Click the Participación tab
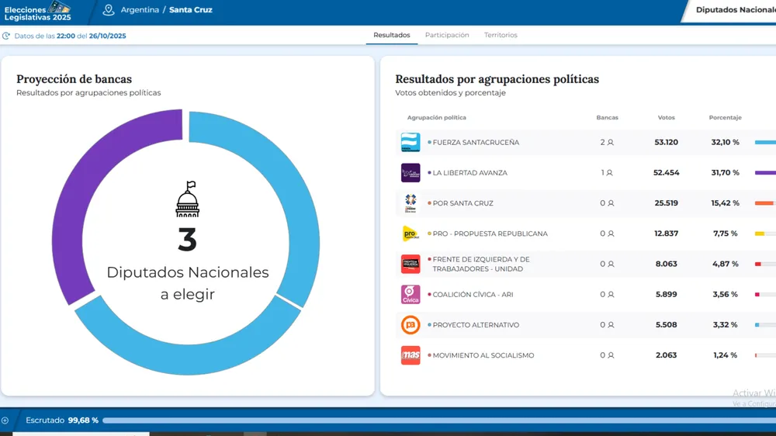[447, 35]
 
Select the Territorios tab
[501, 35]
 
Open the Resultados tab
[392, 35]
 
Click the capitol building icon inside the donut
[187, 199]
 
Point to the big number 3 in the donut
[187, 240]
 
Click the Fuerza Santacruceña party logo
[411, 143]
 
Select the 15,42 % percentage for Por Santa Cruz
[726, 203]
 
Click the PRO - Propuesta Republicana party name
[490, 234]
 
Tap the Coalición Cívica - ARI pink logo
[411, 295]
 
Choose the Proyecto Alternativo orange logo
[411, 325]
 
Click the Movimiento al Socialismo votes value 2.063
[666, 355]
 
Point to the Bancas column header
[607, 118]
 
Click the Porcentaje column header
[725, 118]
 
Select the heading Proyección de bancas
[74, 79]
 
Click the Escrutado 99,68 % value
[84, 420]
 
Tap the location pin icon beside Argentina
[109, 10]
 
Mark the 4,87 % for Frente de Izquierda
[726, 264]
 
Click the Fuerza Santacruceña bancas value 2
[603, 143]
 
